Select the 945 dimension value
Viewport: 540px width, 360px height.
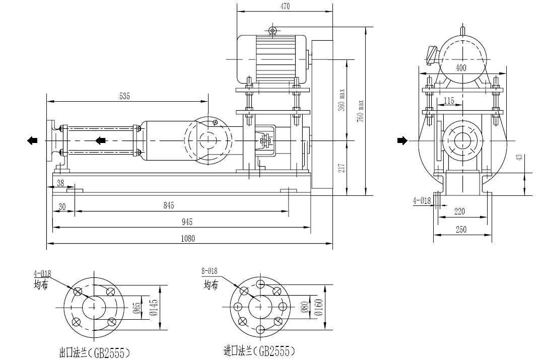[x=186, y=222]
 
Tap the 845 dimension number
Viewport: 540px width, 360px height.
[x=169, y=205]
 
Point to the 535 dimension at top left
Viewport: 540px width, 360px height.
[x=124, y=96]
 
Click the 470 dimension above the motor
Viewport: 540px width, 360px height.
[x=284, y=7]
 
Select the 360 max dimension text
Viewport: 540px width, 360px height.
[x=342, y=101]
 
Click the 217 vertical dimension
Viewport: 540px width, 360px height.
[x=342, y=168]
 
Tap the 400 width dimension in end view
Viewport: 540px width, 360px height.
[x=460, y=67]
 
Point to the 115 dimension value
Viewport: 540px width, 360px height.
[x=449, y=101]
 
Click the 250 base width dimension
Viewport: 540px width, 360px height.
[x=460, y=230]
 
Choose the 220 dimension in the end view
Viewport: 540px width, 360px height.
[x=459, y=212]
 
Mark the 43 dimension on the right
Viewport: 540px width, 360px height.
[x=519, y=157]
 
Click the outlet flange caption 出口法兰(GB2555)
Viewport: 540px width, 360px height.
[x=95, y=352]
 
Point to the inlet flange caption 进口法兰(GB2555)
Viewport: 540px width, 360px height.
[x=259, y=351]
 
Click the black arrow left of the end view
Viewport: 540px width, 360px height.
[x=401, y=140]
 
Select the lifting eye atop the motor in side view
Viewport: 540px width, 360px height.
[x=273, y=31]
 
